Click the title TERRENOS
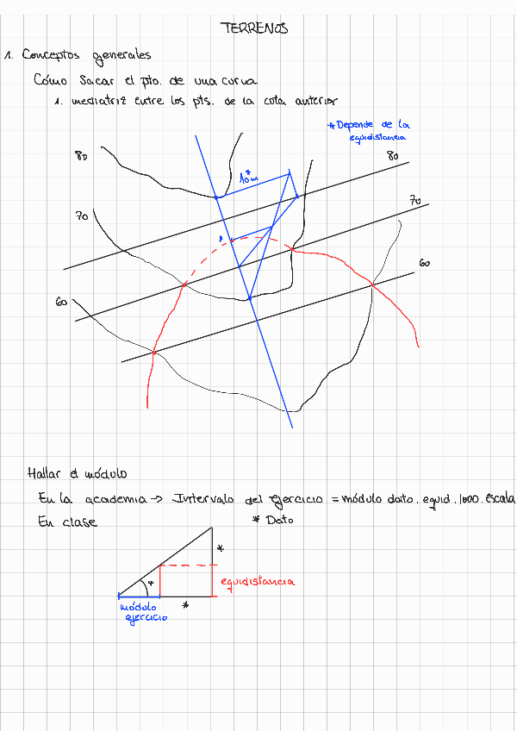click(255, 28)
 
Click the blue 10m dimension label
click(248, 178)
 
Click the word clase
click(80, 522)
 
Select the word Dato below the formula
click(280, 521)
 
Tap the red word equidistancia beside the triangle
click(257, 582)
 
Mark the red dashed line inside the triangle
click(184, 565)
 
